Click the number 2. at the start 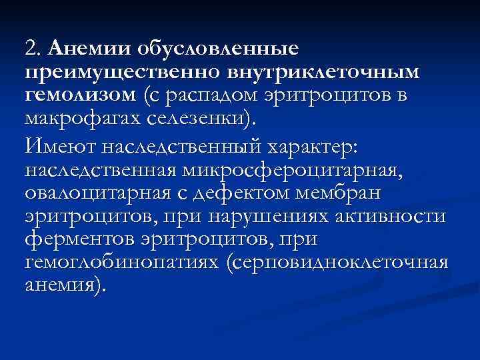[x=33, y=49]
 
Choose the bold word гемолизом [x=81, y=95]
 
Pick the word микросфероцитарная [x=288, y=171]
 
